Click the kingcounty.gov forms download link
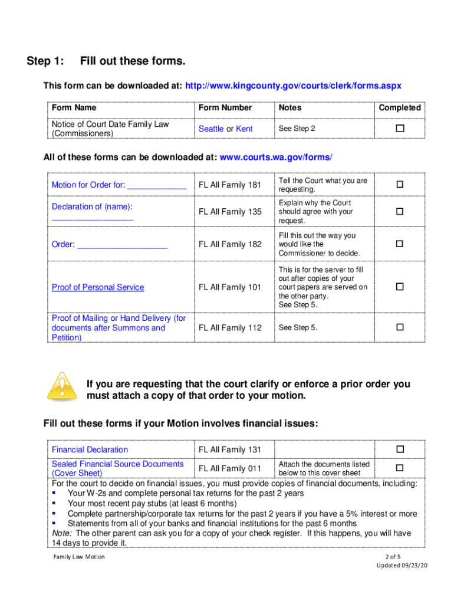[293, 86]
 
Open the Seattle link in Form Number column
[211, 129]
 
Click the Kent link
[244, 129]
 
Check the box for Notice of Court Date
[400, 129]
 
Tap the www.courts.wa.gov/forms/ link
[275, 157]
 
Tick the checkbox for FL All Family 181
[400, 185]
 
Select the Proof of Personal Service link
[98, 287]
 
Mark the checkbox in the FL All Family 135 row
[400, 211]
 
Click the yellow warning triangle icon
[61, 386]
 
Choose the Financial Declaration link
[90, 449]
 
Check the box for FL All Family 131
[400, 449]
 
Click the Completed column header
[400, 107]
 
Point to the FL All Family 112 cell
[230, 328]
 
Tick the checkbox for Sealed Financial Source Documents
[400, 468]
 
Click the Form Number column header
[225, 107]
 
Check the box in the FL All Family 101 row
[400, 287]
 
